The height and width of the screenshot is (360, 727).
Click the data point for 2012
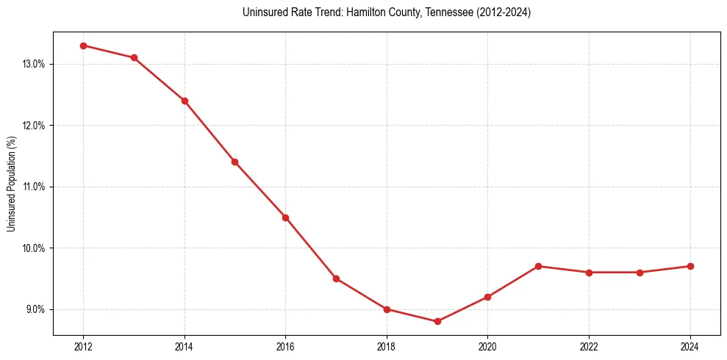click(83, 46)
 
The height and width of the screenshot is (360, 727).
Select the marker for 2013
click(134, 58)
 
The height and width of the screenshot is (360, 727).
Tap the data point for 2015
click(234, 162)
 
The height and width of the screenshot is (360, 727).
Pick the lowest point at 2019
click(437, 321)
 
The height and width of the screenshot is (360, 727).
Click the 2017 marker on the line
click(336, 278)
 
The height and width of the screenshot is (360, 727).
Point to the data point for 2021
click(538, 266)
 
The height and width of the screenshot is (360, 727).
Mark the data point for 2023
click(640, 273)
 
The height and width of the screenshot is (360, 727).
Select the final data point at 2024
click(690, 266)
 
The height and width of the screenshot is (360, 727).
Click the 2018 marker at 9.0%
click(387, 309)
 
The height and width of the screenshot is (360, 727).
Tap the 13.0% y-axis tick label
click(34, 64)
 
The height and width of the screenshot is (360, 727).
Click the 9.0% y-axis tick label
click(35, 309)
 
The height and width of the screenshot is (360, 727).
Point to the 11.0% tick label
click(34, 187)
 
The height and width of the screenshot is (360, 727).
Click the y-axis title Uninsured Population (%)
click(12, 184)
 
